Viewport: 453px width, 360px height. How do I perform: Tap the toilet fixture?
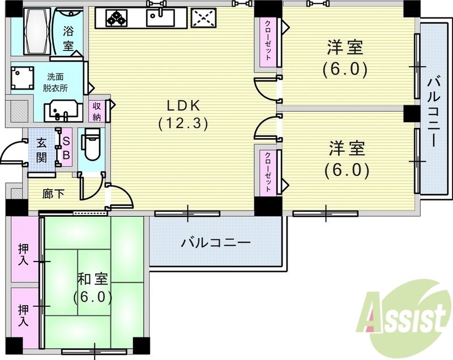90,145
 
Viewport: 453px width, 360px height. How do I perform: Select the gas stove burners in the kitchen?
118,18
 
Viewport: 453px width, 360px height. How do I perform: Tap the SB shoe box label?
66,148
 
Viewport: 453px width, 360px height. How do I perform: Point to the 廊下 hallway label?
53,194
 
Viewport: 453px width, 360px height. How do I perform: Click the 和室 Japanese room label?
92,286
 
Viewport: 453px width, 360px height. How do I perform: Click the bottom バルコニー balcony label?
215,243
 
